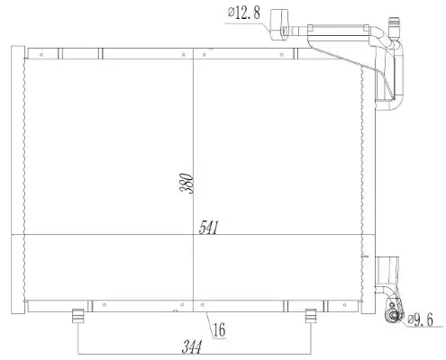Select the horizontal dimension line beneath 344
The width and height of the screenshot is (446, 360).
click(194, 351)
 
